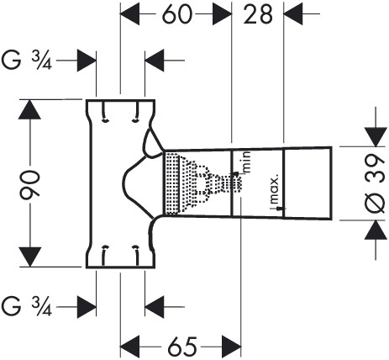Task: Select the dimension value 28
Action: (x=258, y=15)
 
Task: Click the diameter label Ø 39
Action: (x=376, y=183)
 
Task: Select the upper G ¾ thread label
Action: (x=32, y=61)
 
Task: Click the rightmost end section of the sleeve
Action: (x=309, y=183)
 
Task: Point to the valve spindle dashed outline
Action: (x=213, y=182)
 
